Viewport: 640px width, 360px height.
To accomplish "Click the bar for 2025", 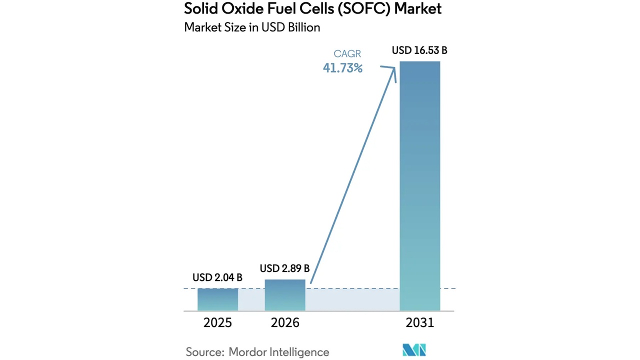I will click(217, 299).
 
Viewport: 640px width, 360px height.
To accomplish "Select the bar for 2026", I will click(285, 295).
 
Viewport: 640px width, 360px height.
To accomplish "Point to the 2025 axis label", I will click(217, 323).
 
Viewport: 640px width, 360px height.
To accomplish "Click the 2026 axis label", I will click(285, 323).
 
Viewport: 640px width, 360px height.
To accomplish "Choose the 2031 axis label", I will click(420, 323).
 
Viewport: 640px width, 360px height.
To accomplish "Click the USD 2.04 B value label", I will click(217, 277).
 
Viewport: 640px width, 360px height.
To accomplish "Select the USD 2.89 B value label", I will click(284, 268).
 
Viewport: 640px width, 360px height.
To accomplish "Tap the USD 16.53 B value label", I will click(419, 50).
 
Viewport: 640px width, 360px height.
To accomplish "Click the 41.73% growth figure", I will click(342, 68).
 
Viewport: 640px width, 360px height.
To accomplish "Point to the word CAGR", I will click(347, 53).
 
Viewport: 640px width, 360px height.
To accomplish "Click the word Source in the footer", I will click(204, 352).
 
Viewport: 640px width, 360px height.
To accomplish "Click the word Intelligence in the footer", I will click(300, 352).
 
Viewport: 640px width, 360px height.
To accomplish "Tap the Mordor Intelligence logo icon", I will click(414, 350).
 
